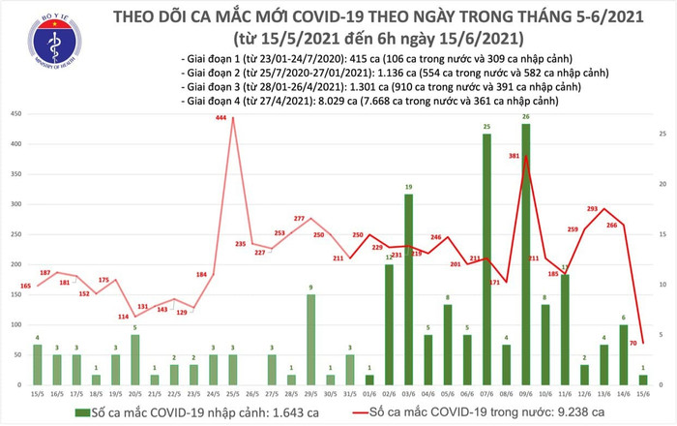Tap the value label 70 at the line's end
pyautogui.click(x=633, y=344)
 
